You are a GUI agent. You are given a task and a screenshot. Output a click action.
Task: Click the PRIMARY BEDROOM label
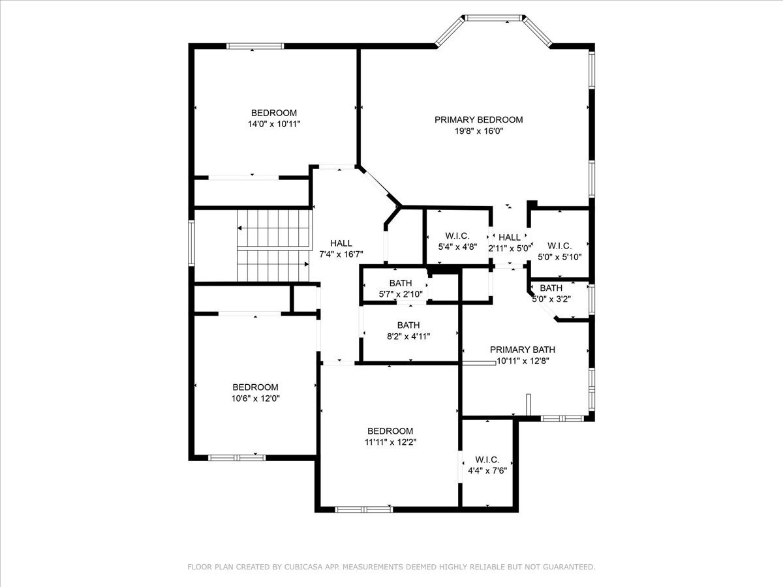tap(479, 120)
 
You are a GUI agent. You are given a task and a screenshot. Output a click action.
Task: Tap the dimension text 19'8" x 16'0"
tap(479, 131)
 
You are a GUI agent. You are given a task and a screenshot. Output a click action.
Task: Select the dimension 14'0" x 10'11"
tap(274, 124)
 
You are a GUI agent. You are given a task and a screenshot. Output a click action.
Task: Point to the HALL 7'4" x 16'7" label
tap(341, 248)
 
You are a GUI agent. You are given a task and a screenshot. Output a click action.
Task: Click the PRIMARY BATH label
tap(523, 350)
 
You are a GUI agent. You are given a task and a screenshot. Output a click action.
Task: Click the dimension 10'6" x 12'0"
tap(255, 399)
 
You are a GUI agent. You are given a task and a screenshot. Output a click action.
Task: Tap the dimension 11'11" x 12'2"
tap(391, 442)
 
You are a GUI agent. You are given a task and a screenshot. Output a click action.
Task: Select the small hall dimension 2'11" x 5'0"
tap(510, 248)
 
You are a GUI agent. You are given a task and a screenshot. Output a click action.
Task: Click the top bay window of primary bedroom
tap(493, 18)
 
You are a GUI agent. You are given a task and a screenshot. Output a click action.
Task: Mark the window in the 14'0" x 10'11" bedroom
tap(255, 46)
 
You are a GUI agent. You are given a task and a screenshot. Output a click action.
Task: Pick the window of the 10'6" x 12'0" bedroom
tap(237, 458)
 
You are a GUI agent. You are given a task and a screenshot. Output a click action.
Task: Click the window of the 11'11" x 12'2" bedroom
tap(364, 509)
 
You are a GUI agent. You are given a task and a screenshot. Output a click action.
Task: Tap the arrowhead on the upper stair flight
tap(239, 228)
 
